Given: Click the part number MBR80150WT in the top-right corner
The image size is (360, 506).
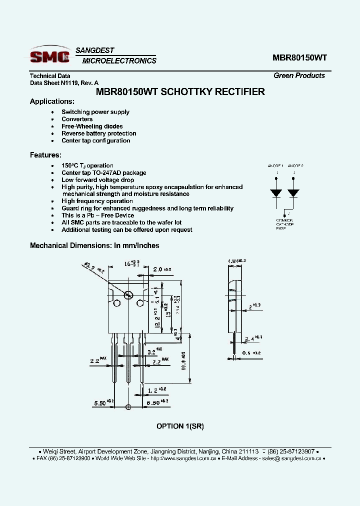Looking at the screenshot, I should click(x=299, y=57).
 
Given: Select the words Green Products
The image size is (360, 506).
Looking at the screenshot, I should click(x=299, y=75).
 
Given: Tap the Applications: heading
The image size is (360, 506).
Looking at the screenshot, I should click(x=52, y=101).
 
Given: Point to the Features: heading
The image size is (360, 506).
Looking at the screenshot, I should click(x=45, y=155).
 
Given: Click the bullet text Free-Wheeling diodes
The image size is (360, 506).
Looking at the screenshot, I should click(x=92, y=126).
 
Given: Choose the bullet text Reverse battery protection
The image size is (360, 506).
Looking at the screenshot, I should click(x=98, y=133).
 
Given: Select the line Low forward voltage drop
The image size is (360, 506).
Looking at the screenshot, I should click(x=97, y=180).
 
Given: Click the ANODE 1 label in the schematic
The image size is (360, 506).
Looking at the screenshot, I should click(x=275, y=165).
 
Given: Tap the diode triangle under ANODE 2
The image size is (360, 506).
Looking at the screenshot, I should click(x=294, y=192).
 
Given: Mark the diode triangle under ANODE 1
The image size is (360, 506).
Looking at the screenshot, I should click(x=275, y=192).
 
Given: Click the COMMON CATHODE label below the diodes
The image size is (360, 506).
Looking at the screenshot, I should click(x=284, y=223).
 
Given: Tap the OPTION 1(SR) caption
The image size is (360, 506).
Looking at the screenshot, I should click(x=180, y=426).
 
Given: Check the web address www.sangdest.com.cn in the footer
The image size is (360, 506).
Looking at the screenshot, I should click(x=183, y=458).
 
